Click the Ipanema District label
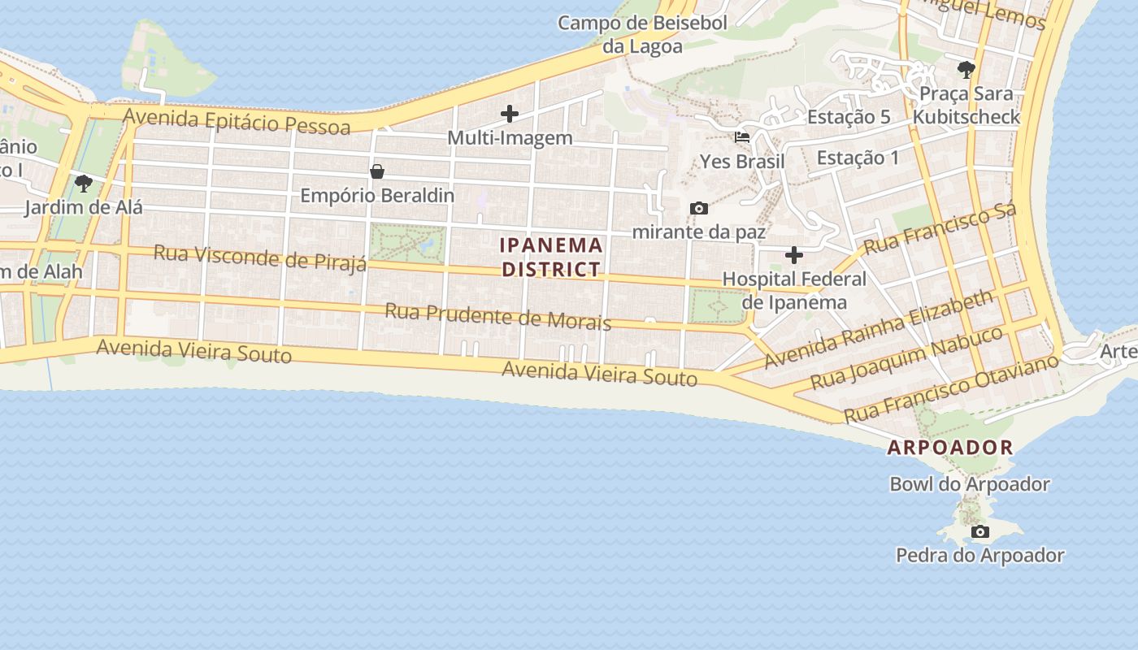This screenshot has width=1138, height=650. [552, 257]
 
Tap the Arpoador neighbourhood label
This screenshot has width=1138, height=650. [950, 447]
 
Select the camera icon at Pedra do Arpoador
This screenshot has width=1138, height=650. [980, 532]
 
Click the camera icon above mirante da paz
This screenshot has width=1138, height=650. [698, 209]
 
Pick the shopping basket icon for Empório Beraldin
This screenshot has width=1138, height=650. [377, 171]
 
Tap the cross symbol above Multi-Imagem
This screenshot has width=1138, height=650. [510, 114]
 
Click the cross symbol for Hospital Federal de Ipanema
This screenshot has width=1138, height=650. [794, 255]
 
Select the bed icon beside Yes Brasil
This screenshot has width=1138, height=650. [742, 137]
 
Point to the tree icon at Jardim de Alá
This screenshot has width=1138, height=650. [83, 184]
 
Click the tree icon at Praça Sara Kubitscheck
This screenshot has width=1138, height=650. [966, 70]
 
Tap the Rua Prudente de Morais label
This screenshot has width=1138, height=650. [497, 316]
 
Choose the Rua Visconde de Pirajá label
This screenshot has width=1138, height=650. [260, 257]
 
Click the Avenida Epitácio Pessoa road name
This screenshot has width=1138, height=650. [237, 121]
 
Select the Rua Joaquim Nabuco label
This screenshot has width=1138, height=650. [906, 358]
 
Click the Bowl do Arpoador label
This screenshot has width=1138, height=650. [970, 484]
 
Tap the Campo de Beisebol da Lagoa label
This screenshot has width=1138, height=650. [642, 34]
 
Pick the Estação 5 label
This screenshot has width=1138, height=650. [849, 117]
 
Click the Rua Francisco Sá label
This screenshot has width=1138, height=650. [940, 230]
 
